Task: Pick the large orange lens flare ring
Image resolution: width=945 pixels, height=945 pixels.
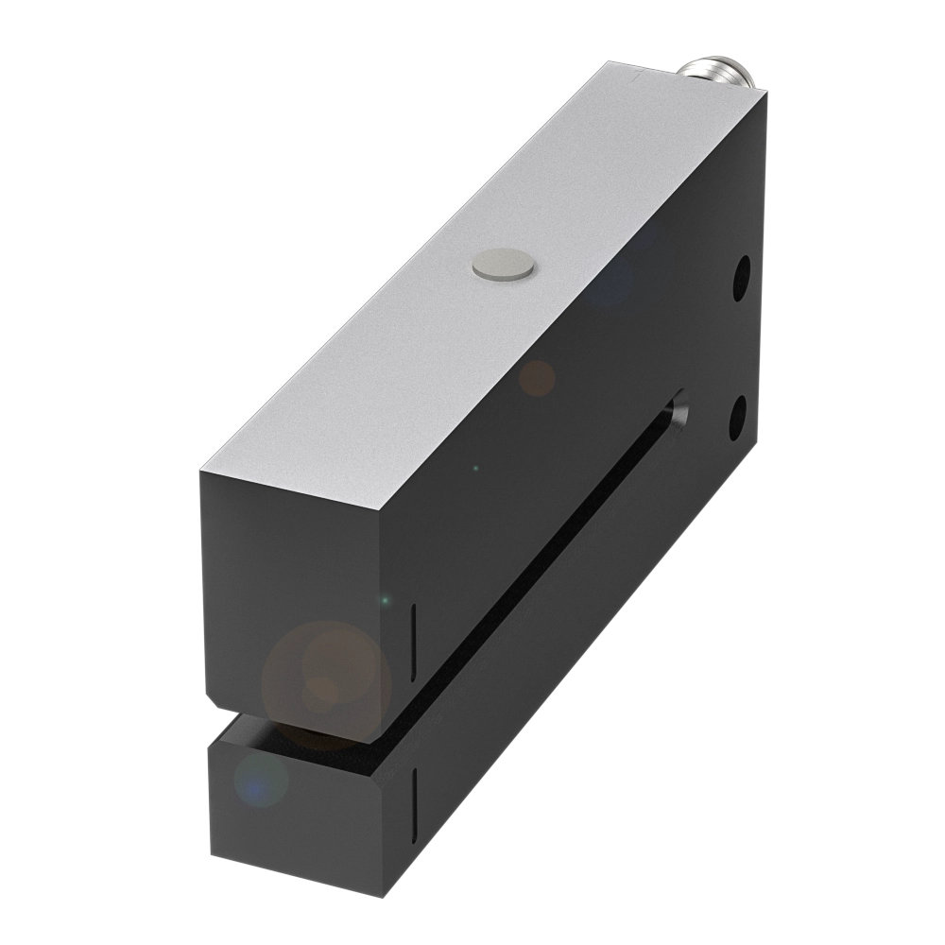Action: tap(326, 685)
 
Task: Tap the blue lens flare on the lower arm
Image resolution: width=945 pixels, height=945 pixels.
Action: tap(258, 782)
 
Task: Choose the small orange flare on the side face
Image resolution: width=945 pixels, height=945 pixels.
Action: tap(538, 378)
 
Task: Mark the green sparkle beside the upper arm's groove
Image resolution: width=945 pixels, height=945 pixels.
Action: tap(385, 601)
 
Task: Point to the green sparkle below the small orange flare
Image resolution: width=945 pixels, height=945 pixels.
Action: tap(475, 468)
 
